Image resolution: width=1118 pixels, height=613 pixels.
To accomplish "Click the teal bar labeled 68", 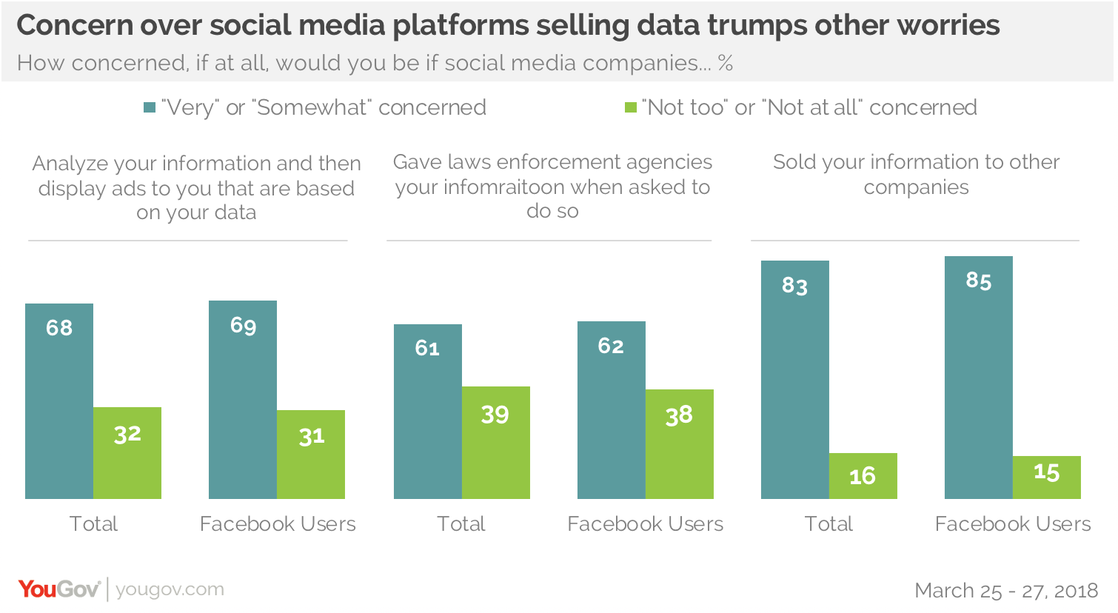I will tap(59, 401).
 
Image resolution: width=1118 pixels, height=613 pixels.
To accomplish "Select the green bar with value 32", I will tap(127, 452).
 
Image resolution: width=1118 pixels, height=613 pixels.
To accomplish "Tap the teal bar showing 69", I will tap(243, 399).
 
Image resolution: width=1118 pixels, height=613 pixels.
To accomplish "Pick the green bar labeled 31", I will tap(311, 454).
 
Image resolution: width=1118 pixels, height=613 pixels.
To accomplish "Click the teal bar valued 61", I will tap(428, 411).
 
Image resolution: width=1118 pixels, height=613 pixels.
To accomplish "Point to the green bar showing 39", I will tap(496, 442).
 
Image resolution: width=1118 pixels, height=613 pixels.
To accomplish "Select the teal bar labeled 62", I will tap(612, 409).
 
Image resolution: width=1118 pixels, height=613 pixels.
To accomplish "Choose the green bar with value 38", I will tap(680, 443).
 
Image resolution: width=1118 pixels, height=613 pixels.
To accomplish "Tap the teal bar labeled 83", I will tap(795, 379).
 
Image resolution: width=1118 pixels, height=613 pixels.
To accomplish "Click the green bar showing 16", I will tap(863, 475).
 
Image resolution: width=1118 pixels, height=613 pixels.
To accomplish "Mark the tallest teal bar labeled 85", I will tap(979, 377).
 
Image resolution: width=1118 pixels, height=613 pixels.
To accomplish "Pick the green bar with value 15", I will tap(1047, 477).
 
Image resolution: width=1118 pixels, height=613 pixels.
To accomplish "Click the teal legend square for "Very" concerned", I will tap(150, 108).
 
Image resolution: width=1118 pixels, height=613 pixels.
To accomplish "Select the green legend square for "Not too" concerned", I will tap(631, 108).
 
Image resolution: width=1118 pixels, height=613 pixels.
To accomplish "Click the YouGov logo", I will tap(59, 589).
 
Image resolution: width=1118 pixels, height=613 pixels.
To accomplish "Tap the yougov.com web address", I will tap(170, 589).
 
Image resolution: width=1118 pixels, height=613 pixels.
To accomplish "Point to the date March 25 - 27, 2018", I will tap(1006, 591).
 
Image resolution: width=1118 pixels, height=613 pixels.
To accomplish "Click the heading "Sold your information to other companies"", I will tap(916, 174).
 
